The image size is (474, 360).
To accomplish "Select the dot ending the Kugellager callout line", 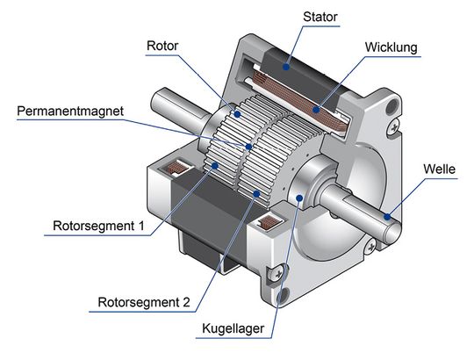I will tap(300, 199).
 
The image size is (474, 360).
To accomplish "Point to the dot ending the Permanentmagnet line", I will tap(251, 147).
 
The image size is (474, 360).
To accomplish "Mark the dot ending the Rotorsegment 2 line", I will tap(255, 191).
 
